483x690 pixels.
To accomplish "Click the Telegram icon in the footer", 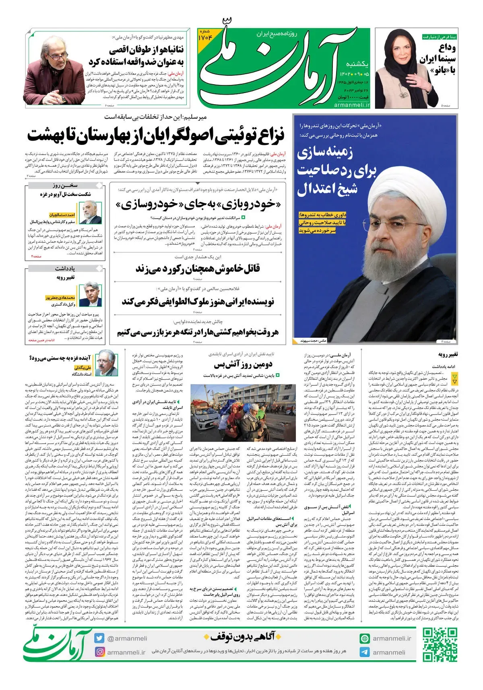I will click(365, 652).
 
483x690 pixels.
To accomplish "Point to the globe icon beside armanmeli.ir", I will click(365, 638).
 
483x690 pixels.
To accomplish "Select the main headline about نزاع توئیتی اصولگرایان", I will click(156, 135).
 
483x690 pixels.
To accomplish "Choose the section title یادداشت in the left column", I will click(65, 269).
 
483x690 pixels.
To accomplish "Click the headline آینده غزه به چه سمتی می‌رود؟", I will click(60, 358).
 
